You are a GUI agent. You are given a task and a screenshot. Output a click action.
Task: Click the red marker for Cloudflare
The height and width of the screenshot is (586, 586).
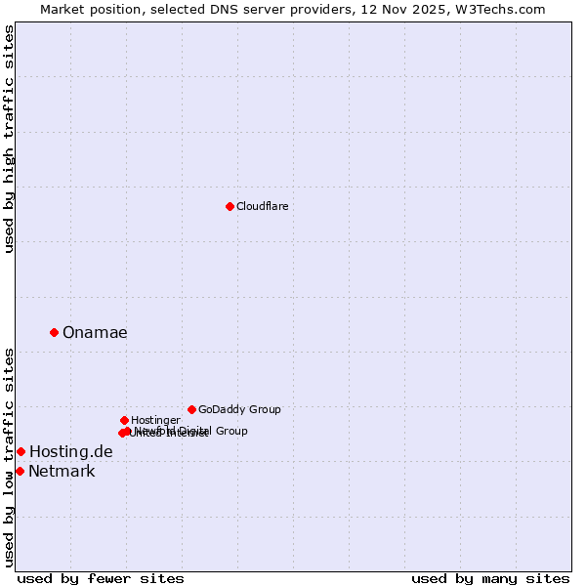pos(230,206)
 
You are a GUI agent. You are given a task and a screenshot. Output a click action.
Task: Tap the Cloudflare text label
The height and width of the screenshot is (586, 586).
pos(262,206)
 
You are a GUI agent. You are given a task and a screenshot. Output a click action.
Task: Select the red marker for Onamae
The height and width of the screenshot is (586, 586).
pos(54,332)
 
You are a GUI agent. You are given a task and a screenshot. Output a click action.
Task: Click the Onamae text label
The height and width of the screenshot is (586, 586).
pos(95,333)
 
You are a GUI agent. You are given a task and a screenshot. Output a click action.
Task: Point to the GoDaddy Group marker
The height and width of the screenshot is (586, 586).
pos(191,409)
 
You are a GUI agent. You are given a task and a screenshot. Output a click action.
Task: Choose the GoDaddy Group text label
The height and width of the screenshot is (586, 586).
pos(239,410)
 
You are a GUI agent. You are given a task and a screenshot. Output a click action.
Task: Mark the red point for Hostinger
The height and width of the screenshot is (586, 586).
pos(124,420)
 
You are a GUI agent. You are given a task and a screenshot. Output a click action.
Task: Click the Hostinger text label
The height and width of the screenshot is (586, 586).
pos(155,421)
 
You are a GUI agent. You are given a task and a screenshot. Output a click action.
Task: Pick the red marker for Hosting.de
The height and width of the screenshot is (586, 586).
pos(21,451)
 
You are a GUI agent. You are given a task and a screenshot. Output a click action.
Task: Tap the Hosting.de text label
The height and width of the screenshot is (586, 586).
pos(71,451)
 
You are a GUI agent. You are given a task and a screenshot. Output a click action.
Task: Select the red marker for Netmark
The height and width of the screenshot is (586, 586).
pos(20,471)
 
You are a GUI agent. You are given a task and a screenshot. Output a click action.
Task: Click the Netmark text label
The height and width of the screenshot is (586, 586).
pos(62,472)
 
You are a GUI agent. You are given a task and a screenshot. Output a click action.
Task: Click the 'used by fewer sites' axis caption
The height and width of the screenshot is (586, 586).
pos(101,579)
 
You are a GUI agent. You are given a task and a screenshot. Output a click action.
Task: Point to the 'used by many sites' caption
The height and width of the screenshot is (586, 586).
pos(490,579)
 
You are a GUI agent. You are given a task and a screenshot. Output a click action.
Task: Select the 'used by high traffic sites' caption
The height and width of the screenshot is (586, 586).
pos(9,139)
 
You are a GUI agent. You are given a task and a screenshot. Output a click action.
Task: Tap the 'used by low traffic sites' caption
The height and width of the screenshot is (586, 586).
pos(9,456)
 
